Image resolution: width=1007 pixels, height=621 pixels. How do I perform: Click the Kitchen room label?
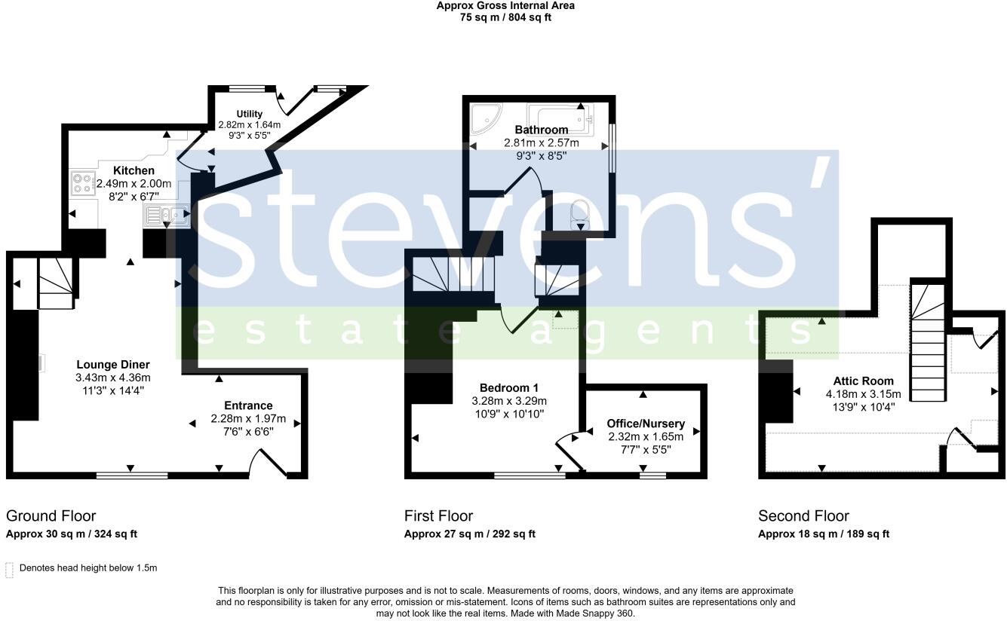(134, 171)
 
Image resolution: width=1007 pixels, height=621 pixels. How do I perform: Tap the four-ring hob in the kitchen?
(81, 184)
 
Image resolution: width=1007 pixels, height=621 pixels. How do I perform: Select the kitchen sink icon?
(165, 216)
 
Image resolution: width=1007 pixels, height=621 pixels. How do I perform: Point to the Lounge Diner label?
(112, 365)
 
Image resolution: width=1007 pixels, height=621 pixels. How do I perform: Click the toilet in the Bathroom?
(580, 212)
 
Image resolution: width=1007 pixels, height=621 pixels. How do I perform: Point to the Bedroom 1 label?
(509, 388)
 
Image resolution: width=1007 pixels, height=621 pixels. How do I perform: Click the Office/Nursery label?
(646, 424)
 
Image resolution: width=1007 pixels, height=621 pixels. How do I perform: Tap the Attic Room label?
(863, 381)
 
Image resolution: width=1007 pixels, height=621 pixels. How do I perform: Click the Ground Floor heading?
(51, 516)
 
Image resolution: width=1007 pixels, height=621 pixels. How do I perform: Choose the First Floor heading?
(438, 516)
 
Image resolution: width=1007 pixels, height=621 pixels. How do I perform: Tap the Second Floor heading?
(803, 516)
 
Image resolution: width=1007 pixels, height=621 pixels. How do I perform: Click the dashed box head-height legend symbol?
(10, 569)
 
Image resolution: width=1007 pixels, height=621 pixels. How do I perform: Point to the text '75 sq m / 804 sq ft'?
(505, 17)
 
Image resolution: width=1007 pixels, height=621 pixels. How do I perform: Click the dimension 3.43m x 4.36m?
(112, 378)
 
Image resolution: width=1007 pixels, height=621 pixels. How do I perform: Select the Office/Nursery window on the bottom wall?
(652, 476)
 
